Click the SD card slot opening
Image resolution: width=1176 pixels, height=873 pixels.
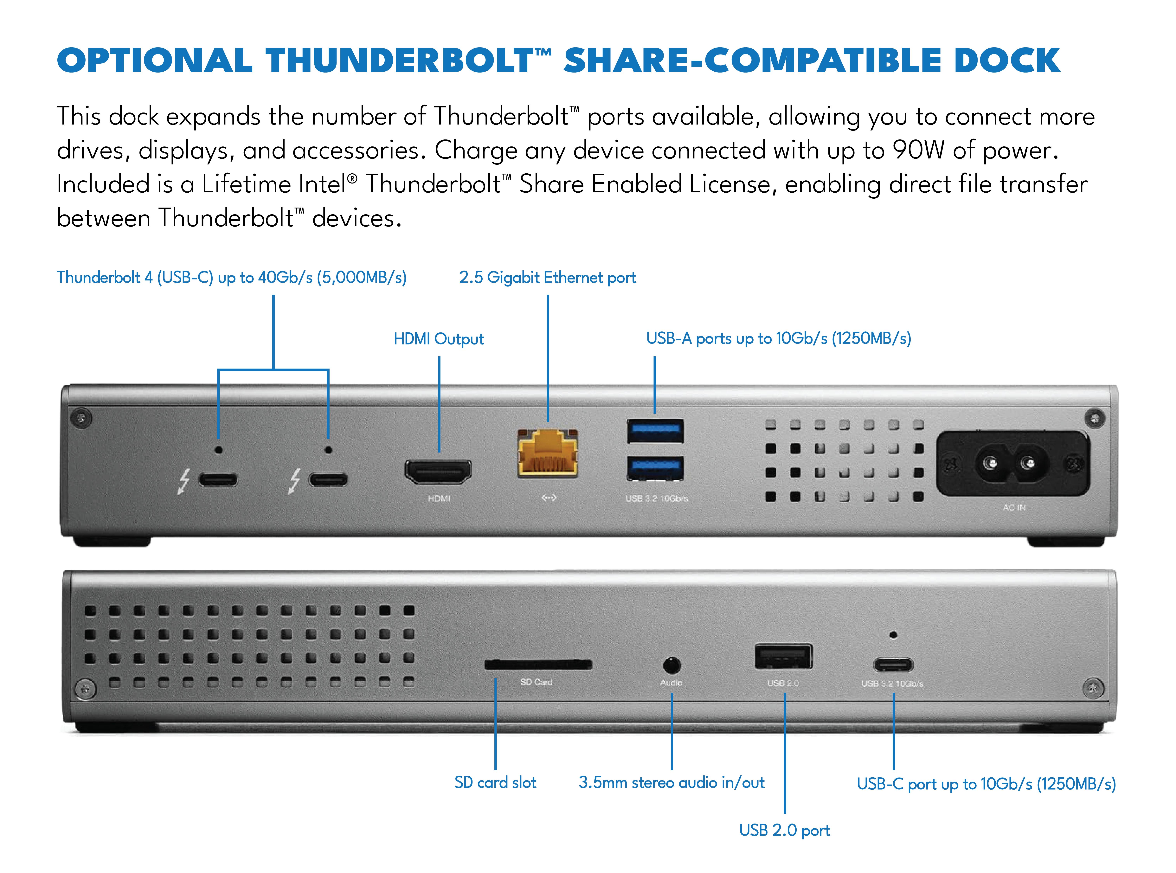(538, 664)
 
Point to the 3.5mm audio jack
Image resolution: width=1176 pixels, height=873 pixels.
(671, 665)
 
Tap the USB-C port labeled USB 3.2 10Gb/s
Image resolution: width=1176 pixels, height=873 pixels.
(893, 664)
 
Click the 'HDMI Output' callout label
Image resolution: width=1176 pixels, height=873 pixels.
(439, 339)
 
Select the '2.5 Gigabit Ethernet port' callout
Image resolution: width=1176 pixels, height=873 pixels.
(548, 277)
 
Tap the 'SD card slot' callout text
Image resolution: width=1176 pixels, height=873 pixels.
(495, 782)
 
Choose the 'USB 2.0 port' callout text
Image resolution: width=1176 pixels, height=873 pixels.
(784, 830)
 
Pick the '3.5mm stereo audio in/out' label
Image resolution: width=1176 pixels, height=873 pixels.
(671, 782)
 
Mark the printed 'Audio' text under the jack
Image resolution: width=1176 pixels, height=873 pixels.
(671, 683)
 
